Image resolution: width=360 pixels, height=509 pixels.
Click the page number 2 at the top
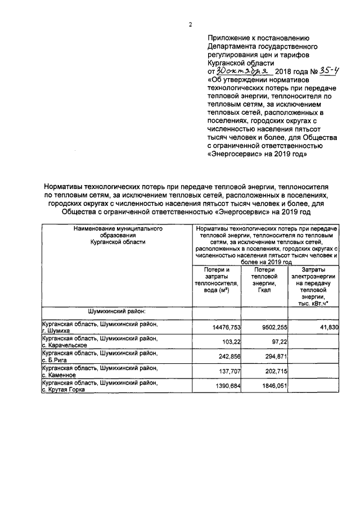[190, 24]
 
